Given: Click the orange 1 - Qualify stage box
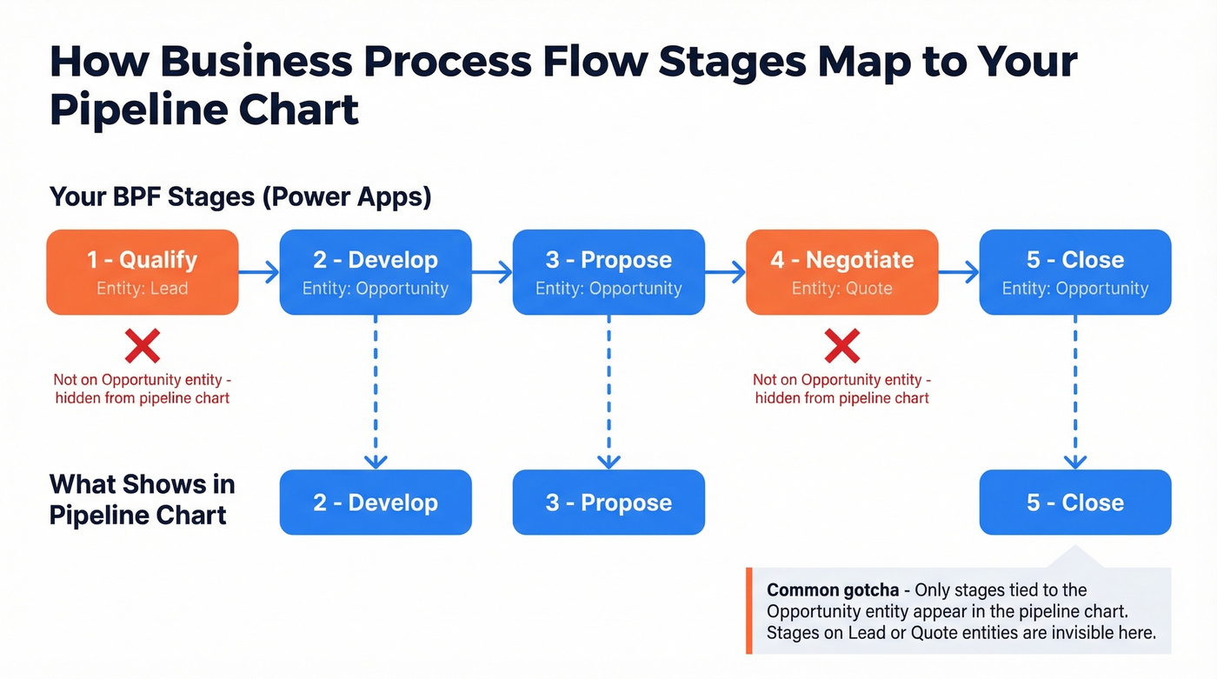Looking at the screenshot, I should [x=142, y=272].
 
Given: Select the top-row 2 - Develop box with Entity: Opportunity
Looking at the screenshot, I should [x=376, y=272].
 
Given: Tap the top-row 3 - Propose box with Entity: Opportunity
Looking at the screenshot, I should [x=608, y=272].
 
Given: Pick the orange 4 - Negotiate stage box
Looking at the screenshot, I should [x=841, y=272].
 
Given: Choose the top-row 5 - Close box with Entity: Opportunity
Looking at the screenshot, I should [x=1075, y=272].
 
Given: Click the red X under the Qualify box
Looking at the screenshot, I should [x=143, y=347].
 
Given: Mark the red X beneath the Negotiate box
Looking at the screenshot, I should [x=841, y=347].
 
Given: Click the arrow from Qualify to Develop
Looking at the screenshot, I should [x=259, y=273].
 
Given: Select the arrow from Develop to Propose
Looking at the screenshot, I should [x=492, y=273].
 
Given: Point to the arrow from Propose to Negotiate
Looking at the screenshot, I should [x=725, y=273].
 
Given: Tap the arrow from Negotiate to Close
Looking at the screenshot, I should [x=959, y=273].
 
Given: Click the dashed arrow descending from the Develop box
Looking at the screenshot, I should [x=376, y=391].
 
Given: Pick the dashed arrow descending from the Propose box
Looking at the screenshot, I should [x=608, y=391].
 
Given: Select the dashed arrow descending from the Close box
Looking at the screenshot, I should [x=1075, y=391].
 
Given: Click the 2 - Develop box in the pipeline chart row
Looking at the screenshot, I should [x=376, y=503].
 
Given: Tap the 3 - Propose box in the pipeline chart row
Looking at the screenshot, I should [x=608, y=503].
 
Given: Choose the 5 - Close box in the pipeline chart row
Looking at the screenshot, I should [x=1075, y=503].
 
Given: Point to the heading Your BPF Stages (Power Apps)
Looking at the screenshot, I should [x=240, y=196].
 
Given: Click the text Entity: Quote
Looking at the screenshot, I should [x=841, y=289].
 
